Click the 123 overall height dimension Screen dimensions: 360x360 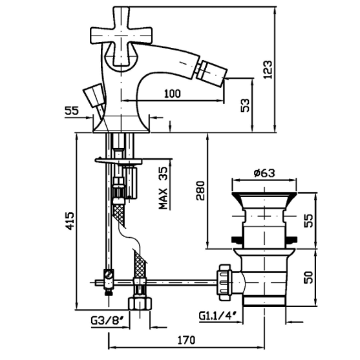click(x=268, y=70)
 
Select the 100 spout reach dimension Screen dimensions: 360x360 click(x=173, y=94)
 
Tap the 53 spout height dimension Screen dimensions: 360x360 click(x=245, y=105)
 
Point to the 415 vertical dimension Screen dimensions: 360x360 click(x=70, y=221)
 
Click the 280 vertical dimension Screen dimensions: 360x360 click(x=200, y=191)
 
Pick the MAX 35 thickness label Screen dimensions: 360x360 click(x=164, y=188)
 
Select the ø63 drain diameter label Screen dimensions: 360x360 click(x=264, y=173)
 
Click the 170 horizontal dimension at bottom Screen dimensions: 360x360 click(x=186, y=340)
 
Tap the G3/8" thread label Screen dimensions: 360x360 click(x=109, y=321)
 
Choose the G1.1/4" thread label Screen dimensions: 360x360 click(x=217, y=315)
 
